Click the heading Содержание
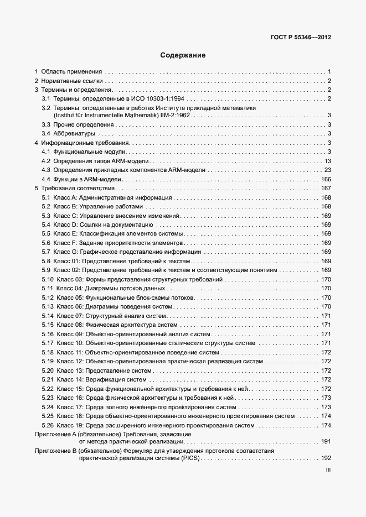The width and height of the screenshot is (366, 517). click(183, 55)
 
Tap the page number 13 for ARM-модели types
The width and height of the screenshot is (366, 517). click(327, 160)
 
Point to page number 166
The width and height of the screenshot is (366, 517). click(326, 179)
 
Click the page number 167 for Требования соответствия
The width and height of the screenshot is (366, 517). click(326, 189)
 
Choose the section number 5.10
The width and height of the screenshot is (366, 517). click(47, 279)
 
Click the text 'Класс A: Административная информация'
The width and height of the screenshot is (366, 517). click(114, 197)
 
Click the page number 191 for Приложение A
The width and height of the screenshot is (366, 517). click(326, 442)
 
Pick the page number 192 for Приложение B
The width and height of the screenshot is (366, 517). click(326, 458)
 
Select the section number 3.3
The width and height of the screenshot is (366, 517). click(46, 124)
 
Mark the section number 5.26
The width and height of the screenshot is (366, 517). click(47, 425)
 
